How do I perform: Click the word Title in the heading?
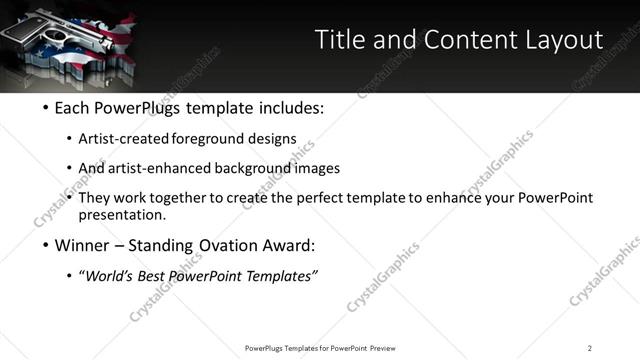point(340,40)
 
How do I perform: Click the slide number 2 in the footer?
point(590,348)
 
